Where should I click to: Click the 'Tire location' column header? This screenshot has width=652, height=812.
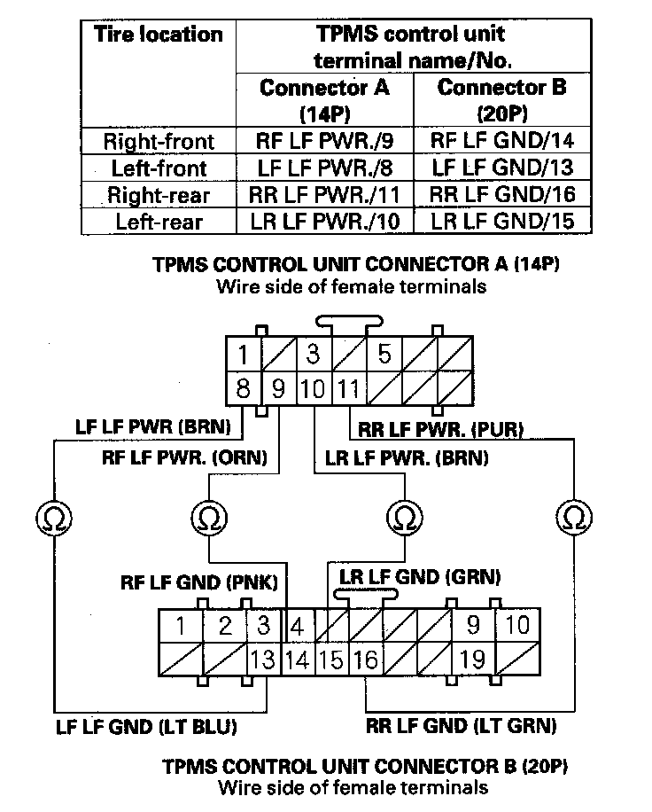pyautogui.click(x=158, y=35)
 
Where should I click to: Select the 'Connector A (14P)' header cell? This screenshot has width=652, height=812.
pyautogui.click(x=324, y=100)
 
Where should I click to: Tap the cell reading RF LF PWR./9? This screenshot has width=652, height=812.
pyautogui.click(x=324, y=140)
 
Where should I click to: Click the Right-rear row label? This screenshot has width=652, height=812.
pyautogui.click(x=158, y=195)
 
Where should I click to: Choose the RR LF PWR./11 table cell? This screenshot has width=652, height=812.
pyautogui.click(x=324, y=195)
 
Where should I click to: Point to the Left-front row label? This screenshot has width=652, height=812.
pyautogui.click(x=158, y=168)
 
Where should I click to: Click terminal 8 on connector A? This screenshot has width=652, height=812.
pyautogui.click(x=243, y=388)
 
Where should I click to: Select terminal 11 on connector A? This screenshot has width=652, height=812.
pyautogui.click(x=349, y=388)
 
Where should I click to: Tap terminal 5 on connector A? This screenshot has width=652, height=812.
pyautogui.click(x=384, y=355)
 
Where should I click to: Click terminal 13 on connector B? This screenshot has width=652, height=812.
pyautogui.click(x=262, y=660)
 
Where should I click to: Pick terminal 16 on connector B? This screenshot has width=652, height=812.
pyautogui.click(x=365, y=660)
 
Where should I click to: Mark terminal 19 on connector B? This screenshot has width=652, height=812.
pyautogui.click(x=474, y=660)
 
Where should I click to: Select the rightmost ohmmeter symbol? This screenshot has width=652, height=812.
pyautogui.click(x=575, y=515)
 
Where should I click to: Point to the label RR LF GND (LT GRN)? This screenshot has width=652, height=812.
pyautogui.click(x=461, y=726)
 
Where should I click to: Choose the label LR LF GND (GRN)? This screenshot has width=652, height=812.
pyautogui.click(x=420, y=577)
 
